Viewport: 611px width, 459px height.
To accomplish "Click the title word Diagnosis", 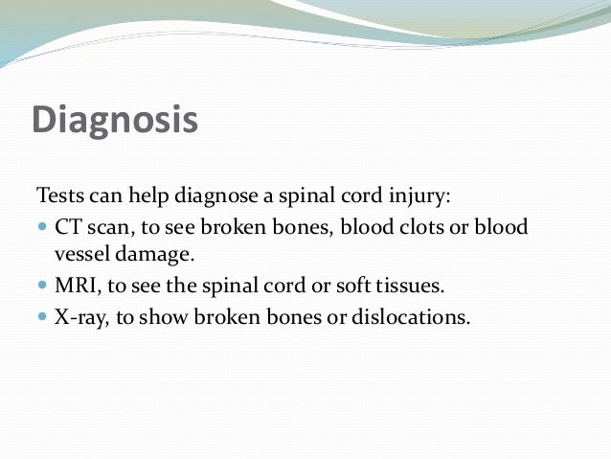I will (114, 121).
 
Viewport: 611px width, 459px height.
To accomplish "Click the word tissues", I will (405, 286).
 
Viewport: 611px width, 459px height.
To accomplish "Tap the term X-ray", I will (79, 317).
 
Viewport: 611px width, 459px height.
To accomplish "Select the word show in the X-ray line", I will (164, 317).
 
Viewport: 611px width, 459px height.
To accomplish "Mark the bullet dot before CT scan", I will (41, 229).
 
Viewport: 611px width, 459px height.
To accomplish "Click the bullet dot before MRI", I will (41, 287).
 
